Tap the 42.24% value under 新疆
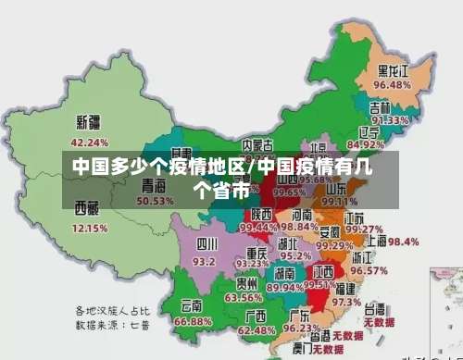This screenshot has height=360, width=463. point(90,143)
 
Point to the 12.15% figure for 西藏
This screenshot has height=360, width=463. point(90,228)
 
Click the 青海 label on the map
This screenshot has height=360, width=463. point(154,184)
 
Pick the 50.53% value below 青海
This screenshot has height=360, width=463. point(156,201)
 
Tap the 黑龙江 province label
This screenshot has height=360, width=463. point(393,70)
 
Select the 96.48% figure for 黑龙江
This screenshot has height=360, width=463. point(392,85)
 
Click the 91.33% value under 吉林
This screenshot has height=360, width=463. point(390,120)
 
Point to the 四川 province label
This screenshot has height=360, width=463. point(206,244)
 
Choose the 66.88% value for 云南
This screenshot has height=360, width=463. point(194,321)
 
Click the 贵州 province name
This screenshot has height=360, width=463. point(246,283)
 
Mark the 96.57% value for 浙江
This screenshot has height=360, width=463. point(369,272)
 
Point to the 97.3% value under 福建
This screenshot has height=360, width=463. point(346,302)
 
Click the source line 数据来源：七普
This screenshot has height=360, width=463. point(113,327)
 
